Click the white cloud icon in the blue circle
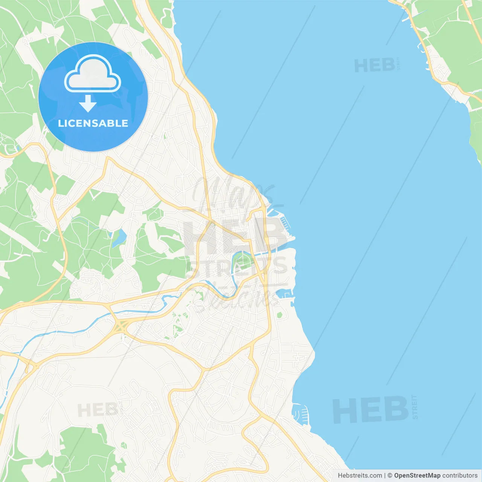(x=93, y=74)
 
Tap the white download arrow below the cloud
(x=88, y=104)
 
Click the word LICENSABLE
(x=93, y=123)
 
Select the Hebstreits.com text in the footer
(x=360, y=476)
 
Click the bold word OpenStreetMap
(x=417, y=476)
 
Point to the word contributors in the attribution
(x=460, y=476)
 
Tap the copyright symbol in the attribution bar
(x=390, y=476)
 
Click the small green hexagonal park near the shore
(x=279, y=315)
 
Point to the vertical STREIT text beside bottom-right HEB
(x=415, y=407)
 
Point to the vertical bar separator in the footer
(x=384, y=476)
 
